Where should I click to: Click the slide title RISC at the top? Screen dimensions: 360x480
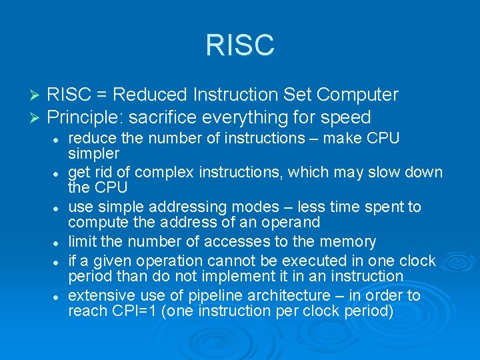[x=240, y=45]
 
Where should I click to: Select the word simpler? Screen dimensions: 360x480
[x=93, y=153]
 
